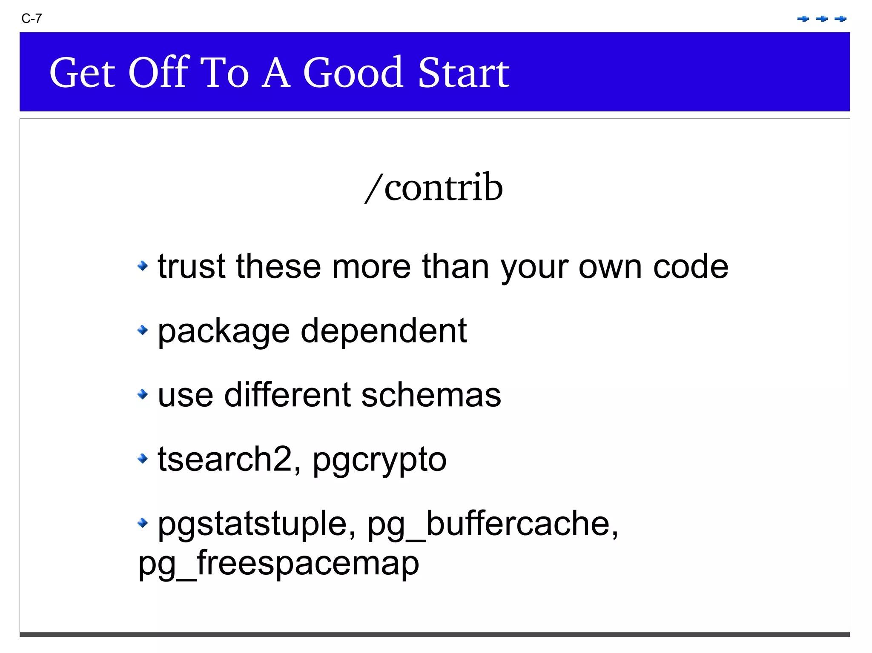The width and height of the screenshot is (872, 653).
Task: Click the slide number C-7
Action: [32, 19]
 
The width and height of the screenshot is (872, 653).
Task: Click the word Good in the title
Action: [353, 73]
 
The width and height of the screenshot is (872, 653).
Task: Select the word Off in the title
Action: [158, 73]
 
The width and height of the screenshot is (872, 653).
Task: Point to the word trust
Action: [191, 267]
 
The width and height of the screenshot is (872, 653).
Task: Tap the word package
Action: [224, 332]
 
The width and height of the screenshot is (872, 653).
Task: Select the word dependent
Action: [384, 331]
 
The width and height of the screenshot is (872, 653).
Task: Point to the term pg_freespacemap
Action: [279, 564]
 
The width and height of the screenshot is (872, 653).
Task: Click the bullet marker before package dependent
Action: [143, 330]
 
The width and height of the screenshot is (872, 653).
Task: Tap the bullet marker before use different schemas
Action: [143, 394]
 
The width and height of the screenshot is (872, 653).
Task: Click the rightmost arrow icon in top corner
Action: [840, 19]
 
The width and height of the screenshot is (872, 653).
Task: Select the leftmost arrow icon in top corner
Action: [803, 19]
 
